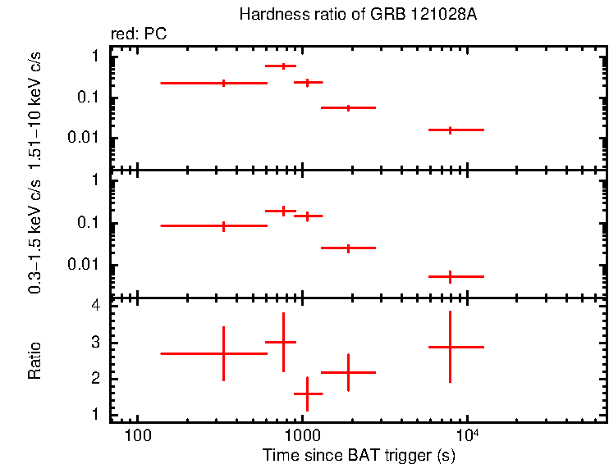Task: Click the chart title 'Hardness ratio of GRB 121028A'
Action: [358, 15]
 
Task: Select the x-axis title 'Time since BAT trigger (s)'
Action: [359, 454]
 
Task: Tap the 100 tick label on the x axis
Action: [137, 433]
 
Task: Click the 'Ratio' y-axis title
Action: [34, 360]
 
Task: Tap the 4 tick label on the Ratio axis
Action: [96, 306]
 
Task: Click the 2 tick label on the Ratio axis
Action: [96, 379]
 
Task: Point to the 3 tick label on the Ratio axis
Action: [96, 343]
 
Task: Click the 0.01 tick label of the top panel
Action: [85, 138]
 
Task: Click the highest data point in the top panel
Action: [283, 66]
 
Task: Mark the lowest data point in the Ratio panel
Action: [307, 394]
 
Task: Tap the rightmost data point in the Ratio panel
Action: [450, 347]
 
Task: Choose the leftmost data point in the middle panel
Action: [223, 225]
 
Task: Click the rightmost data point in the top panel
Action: [450, 130]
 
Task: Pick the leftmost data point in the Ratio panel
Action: [223, 353]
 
